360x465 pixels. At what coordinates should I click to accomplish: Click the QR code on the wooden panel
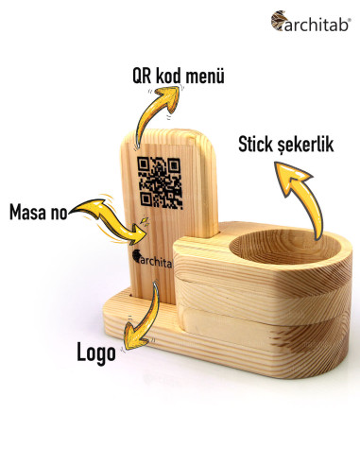[160, 181]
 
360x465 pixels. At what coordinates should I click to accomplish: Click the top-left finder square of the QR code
[146, 165]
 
